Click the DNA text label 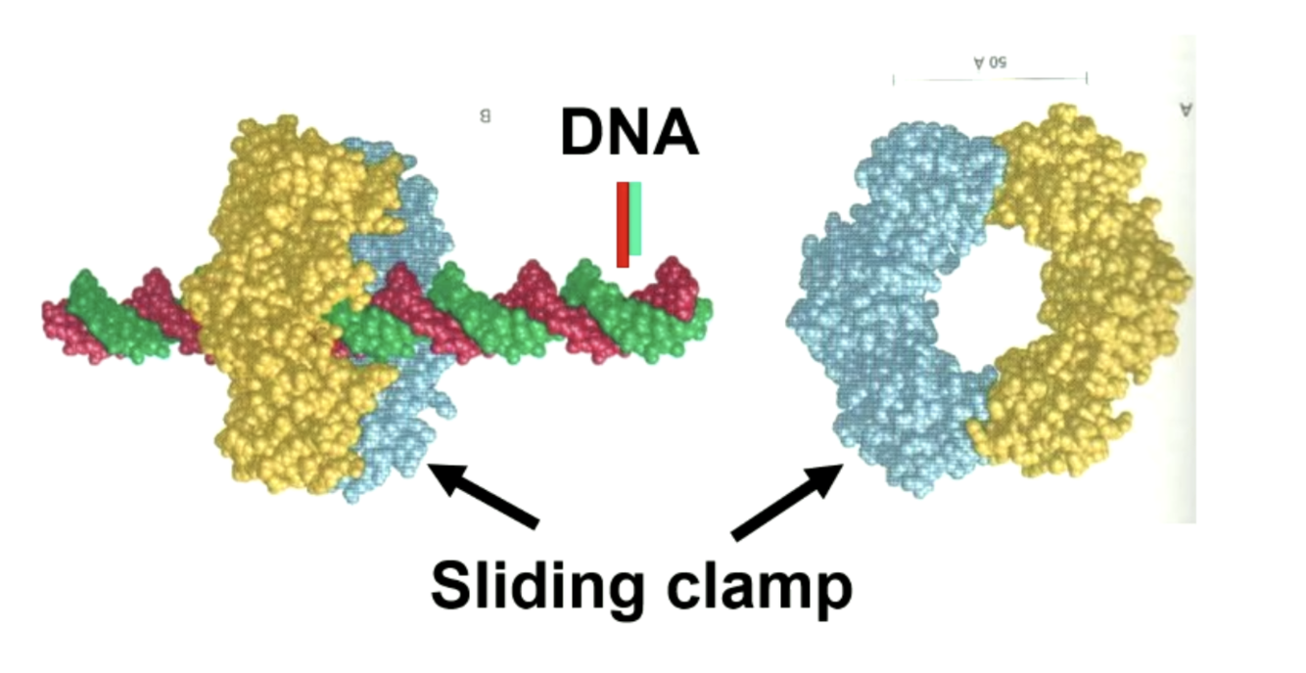pos(630,133)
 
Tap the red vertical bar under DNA pos(622,224)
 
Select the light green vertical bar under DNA pos(635,219)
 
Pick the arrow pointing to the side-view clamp pos(484,496)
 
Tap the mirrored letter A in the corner pos(1187,109)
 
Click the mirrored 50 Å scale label pos(990,64)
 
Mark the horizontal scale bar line pos(990,78)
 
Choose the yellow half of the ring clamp pos(1087,293)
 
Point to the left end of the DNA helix pos(54,318)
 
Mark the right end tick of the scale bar pos(1087,78)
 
